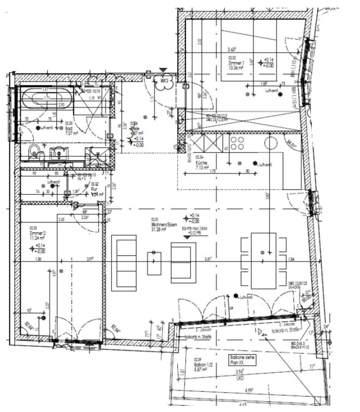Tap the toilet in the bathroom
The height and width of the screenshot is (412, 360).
pyautogui.click(x=34, y=151)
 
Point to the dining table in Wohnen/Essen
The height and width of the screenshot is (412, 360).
pyautogui.click(x=263, y=260)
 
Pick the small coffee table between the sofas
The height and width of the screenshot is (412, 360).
pyautogui.click(x=154, y=263)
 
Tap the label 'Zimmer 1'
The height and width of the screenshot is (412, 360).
pyautogui.click(x=235, y=62)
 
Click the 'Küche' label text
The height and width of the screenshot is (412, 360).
pyautogui.click(x=201, y=163)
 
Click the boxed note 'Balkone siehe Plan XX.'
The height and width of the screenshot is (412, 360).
pyautogui.click(x=242, y=360)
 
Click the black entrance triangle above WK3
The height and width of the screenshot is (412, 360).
pyautogui.click(x=163, y=70)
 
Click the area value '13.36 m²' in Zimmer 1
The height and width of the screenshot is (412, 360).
pyautogui.click(x=236, y=67)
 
